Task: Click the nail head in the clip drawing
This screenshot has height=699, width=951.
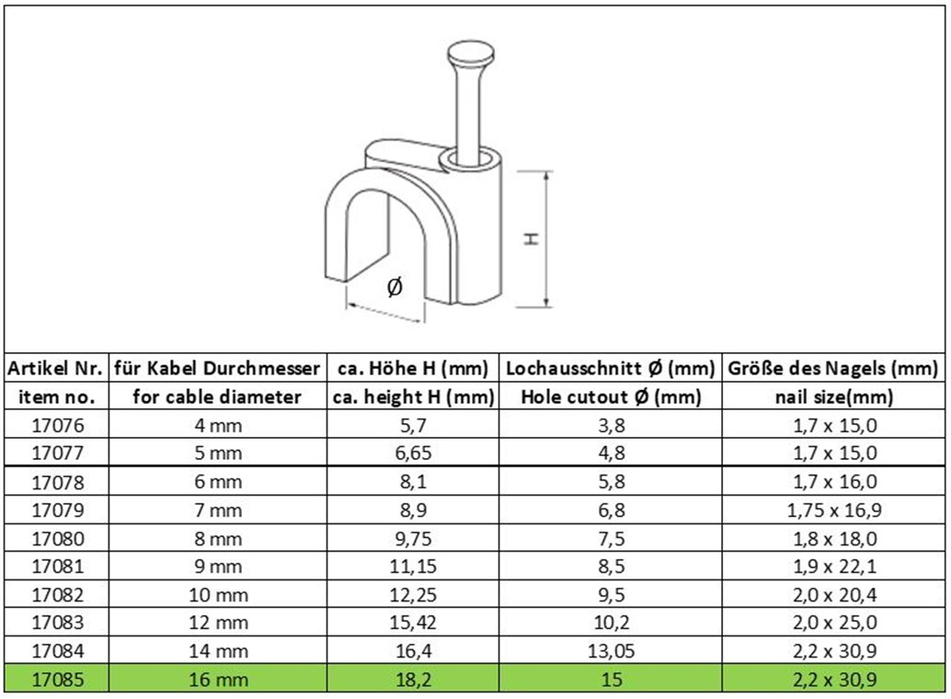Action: [x=471, y=53]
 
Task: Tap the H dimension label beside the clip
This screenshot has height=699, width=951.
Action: [x=532, y=238]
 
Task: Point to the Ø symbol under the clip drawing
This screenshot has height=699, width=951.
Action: [x=395, y=286]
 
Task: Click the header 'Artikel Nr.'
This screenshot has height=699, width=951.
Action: [x=55, y=368]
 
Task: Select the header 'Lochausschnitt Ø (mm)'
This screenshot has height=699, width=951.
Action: [x=611, y=368]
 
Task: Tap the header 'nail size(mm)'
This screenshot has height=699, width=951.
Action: [x=834, y=396]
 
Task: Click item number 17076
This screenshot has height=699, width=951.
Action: [x=58, y=425]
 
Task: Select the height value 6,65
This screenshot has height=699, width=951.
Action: [x=413, y=453]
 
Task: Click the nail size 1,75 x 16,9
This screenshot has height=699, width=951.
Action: [x=834, y=510]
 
